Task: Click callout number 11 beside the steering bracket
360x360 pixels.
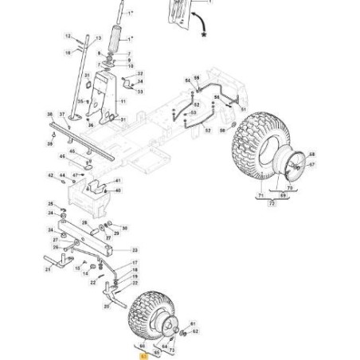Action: coord(123,102)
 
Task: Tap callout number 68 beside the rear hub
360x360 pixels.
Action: coord(312,155)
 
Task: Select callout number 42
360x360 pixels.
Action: coord(50,175)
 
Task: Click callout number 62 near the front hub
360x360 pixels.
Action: coord(196,331)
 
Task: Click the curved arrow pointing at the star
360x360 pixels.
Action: coord(194,19)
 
